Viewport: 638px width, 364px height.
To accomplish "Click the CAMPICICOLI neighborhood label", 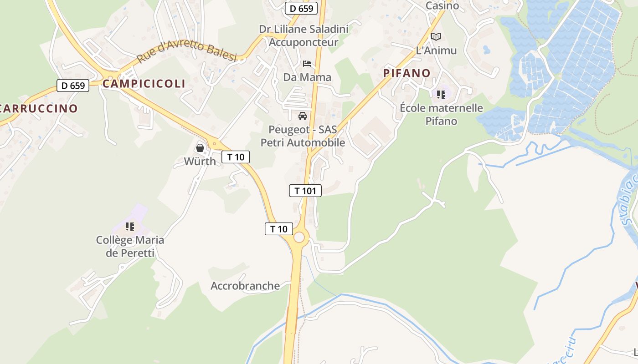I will (x=144, y=84).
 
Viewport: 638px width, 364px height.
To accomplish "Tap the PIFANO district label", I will (x=407, y=73).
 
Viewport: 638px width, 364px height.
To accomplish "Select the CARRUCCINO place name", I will (x=38, y=108).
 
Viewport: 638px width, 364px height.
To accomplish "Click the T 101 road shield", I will (x=305, y=191).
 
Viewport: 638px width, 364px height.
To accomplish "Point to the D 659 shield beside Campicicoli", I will (x=73, y=85).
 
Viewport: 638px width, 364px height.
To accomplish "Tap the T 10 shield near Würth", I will (x=236, y=157).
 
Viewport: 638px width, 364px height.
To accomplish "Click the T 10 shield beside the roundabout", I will (x=279, y=229).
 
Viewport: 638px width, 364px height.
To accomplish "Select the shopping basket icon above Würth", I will (x=200, y=148).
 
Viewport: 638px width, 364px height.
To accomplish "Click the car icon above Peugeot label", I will (x=302, y=116).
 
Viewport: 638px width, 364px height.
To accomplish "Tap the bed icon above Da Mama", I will (x=307, y=63).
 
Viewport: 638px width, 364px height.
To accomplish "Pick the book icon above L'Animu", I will (x=436, y=36).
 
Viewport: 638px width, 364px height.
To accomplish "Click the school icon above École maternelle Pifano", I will (x=441, y=95).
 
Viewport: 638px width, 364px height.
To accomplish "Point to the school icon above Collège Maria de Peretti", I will (x=130, y=226).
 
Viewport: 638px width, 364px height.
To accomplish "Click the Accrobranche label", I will (x=245, y=286).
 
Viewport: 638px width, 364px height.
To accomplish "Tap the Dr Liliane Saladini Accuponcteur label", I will (x=304, y=35).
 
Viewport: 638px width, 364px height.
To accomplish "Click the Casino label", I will (x=442, y=6).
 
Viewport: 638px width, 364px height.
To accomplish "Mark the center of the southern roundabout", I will (x=299, y=237).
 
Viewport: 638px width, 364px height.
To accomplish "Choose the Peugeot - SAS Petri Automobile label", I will (x=303, y=136).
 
